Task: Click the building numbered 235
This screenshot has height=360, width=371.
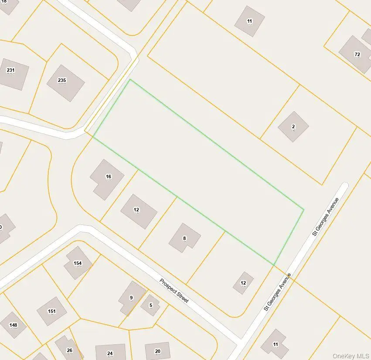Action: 65,83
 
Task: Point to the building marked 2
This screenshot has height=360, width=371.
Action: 293,127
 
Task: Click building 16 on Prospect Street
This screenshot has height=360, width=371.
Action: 107,179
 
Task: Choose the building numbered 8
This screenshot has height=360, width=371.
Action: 184,238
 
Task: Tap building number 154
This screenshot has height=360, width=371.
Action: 78,263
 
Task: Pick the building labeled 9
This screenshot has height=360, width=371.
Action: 132,298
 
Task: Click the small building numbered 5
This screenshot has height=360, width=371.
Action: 150,305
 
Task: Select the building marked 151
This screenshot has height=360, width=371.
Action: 51,311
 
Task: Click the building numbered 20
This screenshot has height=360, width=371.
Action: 157,351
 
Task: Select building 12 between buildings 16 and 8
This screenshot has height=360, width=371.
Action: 138,211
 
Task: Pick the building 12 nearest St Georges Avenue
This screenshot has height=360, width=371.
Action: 243,283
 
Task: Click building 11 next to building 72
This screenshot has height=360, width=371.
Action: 249,21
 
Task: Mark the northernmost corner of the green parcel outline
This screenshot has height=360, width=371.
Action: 130,80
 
